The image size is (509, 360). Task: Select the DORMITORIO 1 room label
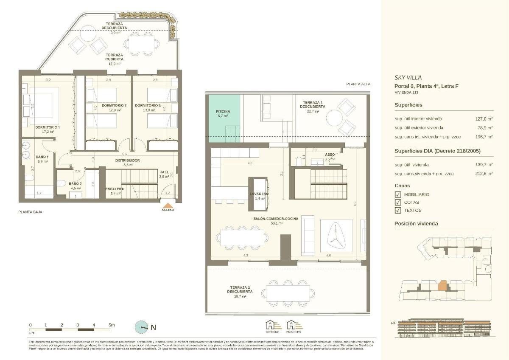(x=48, y=127)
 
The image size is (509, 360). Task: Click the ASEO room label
(x=330, y=155)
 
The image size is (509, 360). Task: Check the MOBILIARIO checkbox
(x=397, y=194)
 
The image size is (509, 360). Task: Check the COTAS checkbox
(x=397, y=202)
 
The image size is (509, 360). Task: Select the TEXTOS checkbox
(x=397, y=210)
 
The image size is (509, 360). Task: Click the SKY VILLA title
(x=408, y=78)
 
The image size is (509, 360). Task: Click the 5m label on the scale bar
(x=112, y=325)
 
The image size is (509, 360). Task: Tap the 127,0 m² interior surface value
(x=484, y=119)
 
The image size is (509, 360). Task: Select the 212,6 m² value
(x=484, y=174)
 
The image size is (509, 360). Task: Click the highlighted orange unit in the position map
(x=442, y=285)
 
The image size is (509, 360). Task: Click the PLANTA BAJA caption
(x=30, y=211)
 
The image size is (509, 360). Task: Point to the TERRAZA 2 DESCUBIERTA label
(x=240, y=290)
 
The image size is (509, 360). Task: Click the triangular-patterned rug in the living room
(x=336, y=236)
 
